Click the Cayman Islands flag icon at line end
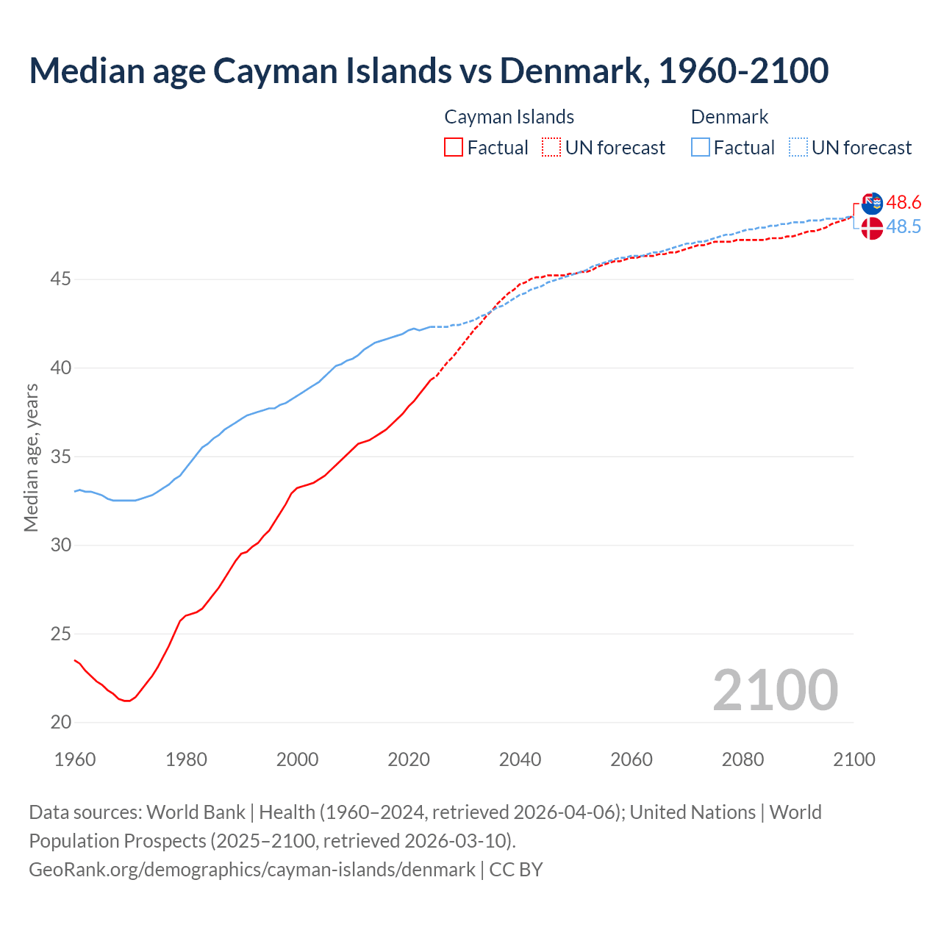[x=872, y=203]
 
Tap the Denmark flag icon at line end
[x=872, y=228]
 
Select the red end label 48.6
[x=904, y=202]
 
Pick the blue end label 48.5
[x=904, y=227]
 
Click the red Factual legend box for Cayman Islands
[x=454, y=147]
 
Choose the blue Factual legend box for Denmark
[x=701, y=147]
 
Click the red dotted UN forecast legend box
[x=551, y=147]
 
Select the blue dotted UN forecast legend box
[x=798, y=147]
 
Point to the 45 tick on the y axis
[x=61, y=279]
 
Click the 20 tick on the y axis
[x=61, y=722]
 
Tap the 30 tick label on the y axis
[x=61, y=545]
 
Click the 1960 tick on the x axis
[x=75, y=759]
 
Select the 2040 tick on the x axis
[x=520, y=759]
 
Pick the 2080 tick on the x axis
[x=743, y=759]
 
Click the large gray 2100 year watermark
[x=775, y=690]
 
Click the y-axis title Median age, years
[x=31, y=457]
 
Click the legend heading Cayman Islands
[x=509, y=117]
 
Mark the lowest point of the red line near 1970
[x=127, y=701]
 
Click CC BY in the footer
[x=516, y=870]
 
